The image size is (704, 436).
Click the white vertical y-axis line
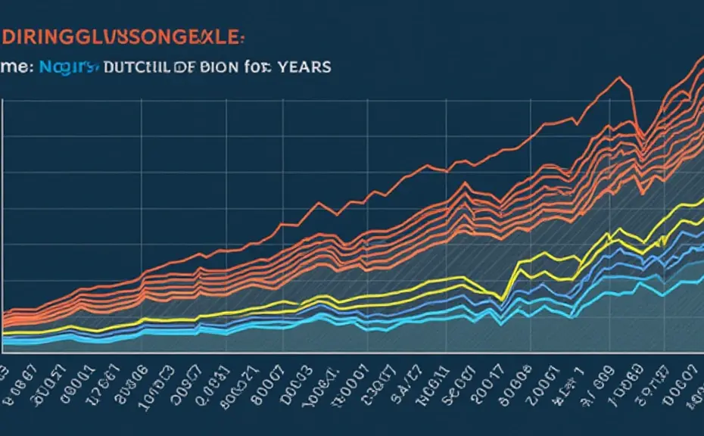pyautogui.click(x=3, y=227)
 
